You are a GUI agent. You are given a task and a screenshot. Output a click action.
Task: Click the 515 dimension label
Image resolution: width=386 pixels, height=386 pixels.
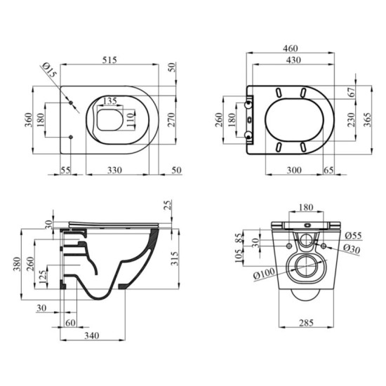pos(109,60)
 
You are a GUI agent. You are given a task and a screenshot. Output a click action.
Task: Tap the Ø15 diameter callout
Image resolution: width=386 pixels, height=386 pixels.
pos(50,70)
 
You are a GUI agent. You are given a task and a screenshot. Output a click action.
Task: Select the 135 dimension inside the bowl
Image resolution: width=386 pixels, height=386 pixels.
pos(109,101)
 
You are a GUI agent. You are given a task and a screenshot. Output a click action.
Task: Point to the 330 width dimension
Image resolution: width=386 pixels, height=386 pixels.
pos(114,170)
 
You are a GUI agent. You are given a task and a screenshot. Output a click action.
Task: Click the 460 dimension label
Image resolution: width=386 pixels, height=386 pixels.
pos(291,48)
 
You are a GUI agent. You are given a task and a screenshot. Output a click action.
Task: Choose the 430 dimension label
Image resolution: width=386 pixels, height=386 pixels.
pos(293,60)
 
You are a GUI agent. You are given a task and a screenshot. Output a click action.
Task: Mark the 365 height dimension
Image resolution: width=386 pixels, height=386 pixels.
pos(367,119)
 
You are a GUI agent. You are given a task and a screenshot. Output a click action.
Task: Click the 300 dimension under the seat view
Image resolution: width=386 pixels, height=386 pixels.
pos(294,170)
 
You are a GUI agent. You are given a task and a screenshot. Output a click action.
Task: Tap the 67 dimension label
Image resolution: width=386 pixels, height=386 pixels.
pos(352,92)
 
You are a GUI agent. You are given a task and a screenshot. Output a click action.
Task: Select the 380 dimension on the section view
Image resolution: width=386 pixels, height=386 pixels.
pos(17,264)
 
